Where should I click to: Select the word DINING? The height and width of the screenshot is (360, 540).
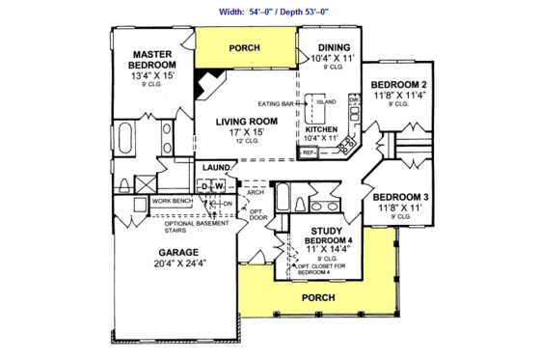tap(330, 46)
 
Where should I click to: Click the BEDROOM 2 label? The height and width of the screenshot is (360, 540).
tap(399, 84)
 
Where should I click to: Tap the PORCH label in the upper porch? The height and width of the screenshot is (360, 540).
tap(245, 47)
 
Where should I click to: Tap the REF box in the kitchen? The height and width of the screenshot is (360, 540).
tap(308, 152)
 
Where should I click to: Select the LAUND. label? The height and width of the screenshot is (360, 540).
tap(216, 168)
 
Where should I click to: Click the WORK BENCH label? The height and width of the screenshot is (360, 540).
tap(174, 201)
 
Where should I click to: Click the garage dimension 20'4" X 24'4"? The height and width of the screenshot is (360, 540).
tap(177, 263)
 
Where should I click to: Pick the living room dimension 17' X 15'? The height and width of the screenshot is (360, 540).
tap(246, 132)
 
